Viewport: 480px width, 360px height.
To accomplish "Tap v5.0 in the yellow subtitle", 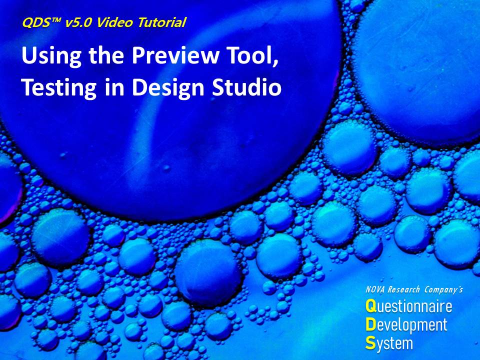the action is [x=78, y=22].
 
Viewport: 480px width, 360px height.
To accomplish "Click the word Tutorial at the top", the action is [x=161, y=22].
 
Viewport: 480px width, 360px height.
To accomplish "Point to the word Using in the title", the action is [x=51, y=56].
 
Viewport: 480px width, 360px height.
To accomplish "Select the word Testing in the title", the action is [x=59, y=88].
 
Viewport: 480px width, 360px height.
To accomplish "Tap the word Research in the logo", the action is [x=403, y=289].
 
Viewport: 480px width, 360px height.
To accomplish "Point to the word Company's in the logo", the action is [x=443, y=289].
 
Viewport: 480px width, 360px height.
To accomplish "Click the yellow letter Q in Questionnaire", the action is [x=370, y=306].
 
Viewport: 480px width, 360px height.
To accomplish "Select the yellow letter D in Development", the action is [x=370, y=325].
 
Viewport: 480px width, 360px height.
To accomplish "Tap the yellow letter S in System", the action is [x=370, y=343].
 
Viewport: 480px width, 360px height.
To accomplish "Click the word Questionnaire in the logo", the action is [x=408, y=306].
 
